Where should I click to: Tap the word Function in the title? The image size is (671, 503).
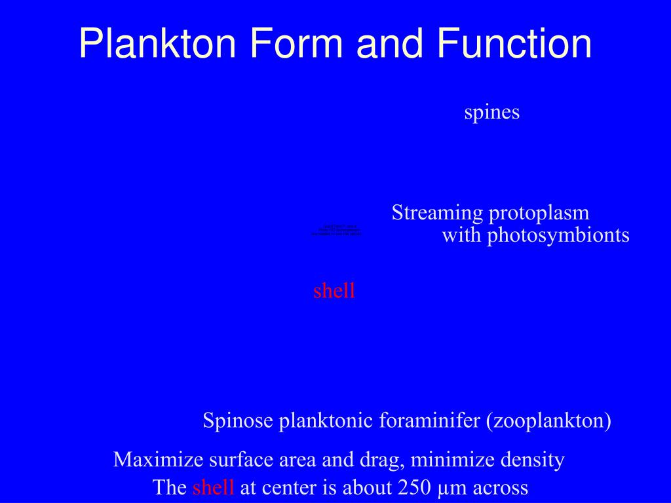[515, 44]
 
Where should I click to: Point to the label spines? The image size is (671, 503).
[491, 113]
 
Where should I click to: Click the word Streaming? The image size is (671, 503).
[436, 214]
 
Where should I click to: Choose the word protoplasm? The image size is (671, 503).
[539, 214]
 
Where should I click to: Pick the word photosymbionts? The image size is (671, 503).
[558, 236]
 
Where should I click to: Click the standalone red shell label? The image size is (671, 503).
[334, 291]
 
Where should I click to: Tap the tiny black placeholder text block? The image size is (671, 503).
[336, 231]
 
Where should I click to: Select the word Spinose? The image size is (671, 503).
[237, 420]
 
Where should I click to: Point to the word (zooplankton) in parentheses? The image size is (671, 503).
[548, 420]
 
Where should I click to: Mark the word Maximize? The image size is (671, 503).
[158, 460]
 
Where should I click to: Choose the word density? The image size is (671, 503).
[533, 460]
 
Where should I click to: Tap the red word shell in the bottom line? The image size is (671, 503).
[213, 488]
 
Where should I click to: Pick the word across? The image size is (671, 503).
[500, 488]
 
